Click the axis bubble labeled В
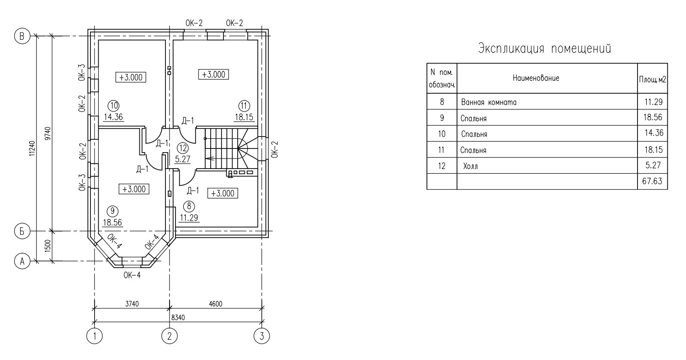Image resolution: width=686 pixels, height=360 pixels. point(22,37)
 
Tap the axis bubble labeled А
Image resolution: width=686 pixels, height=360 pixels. point(22,261)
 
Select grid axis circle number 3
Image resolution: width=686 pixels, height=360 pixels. point(262,336)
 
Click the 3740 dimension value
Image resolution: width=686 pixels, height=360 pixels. point(132,304)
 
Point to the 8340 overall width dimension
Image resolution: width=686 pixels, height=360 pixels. point(178,318)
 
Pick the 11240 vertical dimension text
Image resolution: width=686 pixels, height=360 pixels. point(32,148)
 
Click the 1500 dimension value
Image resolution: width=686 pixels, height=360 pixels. point(48,246)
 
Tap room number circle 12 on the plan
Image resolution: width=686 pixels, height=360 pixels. point(183,148)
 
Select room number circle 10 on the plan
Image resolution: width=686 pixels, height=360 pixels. point(114,106)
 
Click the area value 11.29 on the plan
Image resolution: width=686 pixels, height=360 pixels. point(189,217)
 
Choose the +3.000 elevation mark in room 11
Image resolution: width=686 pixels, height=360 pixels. point(213,74)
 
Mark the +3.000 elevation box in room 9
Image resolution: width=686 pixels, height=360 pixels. point(134,189)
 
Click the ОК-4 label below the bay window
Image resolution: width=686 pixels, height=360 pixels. point(132,275)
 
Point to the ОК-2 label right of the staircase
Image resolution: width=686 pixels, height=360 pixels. point(275,149)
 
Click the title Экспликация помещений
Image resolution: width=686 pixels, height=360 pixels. point(545,49)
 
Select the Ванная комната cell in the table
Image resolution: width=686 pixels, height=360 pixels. point(489,102)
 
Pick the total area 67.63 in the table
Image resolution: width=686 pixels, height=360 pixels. point(652,181)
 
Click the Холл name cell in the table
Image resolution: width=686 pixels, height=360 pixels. point(470,166)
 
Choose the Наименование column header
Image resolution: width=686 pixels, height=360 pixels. point(536,78)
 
